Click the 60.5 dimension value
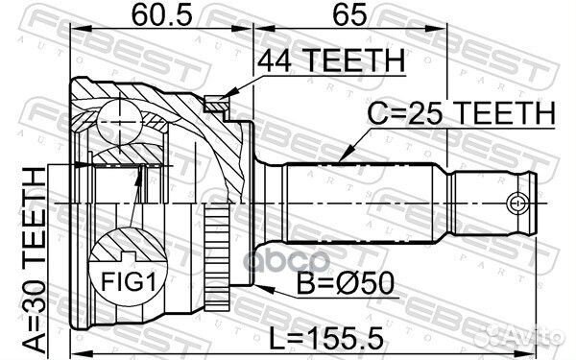[161, 15]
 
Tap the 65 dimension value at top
[349, 15]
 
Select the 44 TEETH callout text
[330, 61]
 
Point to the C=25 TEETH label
[461, 113]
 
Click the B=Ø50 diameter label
[346, 283]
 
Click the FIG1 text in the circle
[129, 282]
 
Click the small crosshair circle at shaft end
[517, 204]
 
